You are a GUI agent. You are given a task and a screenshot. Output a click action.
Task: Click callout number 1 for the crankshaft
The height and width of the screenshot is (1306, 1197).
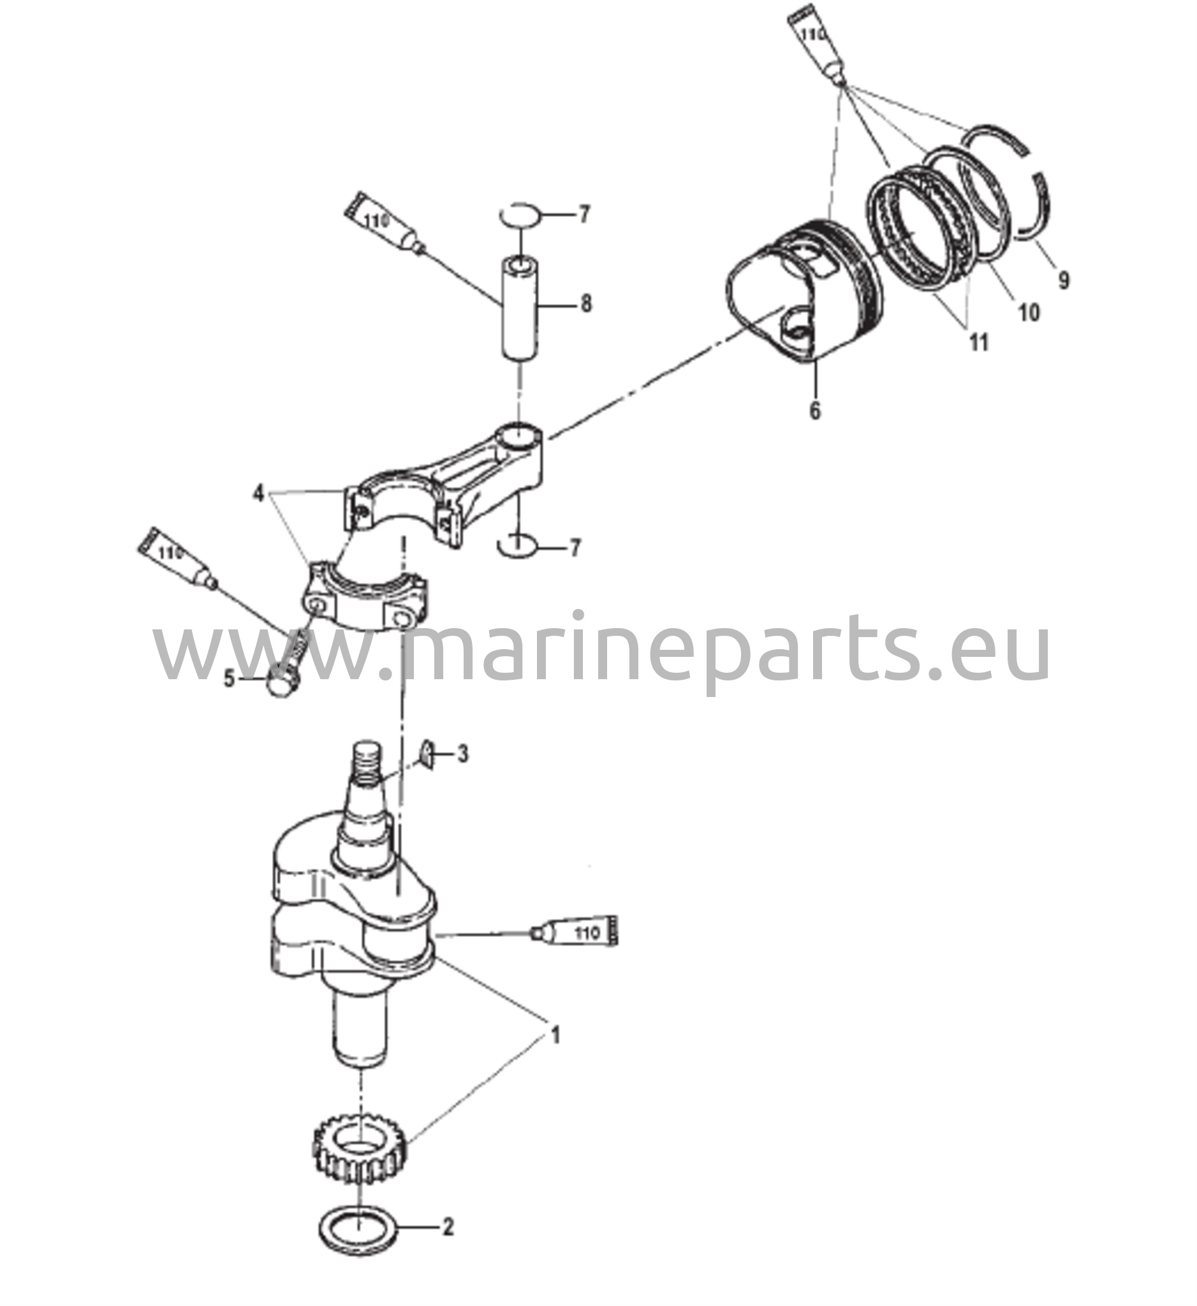tap(554, 1034)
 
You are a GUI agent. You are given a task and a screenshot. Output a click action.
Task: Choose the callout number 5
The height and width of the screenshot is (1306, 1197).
tap(230, 680)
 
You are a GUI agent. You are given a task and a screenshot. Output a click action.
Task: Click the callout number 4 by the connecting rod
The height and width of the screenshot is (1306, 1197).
tap(258, 494)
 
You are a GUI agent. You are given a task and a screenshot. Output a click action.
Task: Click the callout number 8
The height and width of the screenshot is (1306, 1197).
tap(585, 303)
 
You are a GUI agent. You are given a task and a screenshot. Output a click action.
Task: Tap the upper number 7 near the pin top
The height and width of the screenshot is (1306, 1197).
tap(584, 214)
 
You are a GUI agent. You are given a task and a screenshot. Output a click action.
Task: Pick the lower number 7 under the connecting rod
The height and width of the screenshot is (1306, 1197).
tap(574, 548)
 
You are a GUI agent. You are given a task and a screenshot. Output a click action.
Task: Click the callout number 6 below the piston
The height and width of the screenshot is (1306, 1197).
tap(815, 410)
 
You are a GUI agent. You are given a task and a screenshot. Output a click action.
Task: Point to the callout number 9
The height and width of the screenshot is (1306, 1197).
tap(1063, 280)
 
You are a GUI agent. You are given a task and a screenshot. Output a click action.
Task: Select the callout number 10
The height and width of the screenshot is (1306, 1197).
tap(1029, 312)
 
